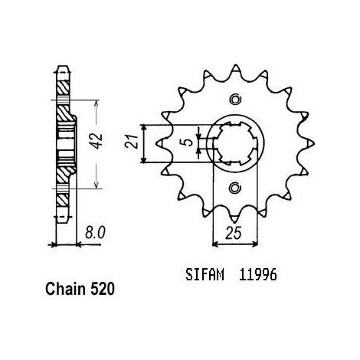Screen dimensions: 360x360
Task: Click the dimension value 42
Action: (x=97, y=141)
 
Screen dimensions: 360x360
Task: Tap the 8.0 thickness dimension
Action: (x=95, y=233)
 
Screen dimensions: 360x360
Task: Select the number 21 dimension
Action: (x=132, y=141)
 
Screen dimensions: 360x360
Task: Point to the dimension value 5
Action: (x=188, y=142)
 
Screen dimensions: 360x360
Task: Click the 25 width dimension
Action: (x=233, y=233)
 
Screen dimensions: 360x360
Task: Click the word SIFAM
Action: (x=205, y=275)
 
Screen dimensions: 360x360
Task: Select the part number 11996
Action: (x=257, y=275)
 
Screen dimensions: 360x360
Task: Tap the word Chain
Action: (x=65, y=289)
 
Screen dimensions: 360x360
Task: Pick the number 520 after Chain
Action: (x=102, y=289)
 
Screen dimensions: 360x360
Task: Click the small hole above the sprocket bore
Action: (x=235, y=100)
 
